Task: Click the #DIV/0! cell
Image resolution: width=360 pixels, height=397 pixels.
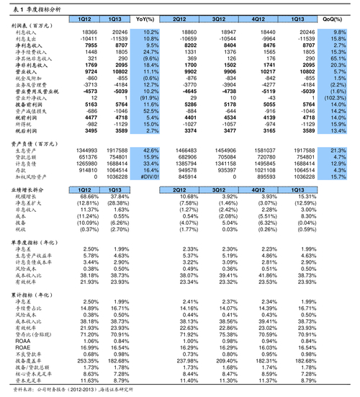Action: point(148,177)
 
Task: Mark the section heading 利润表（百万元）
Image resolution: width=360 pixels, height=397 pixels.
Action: point(32,24)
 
